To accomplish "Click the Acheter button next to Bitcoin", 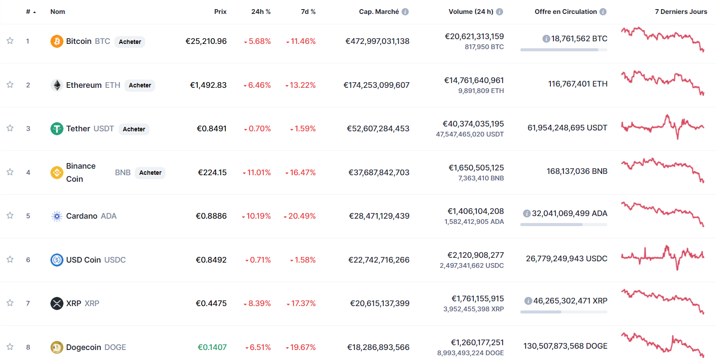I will (130, 42).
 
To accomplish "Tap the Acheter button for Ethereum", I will (140, 85).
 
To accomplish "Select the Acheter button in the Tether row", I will (134, 129).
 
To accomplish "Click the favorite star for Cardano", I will (10, 216).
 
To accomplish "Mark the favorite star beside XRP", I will (10, 303).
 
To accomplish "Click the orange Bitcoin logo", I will (57, 41).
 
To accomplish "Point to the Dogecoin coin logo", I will (57, 347).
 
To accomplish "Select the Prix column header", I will (220, 12).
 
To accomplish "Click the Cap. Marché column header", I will (379, 12).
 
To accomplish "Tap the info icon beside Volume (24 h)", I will (500, 12).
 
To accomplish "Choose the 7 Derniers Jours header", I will (681, 12).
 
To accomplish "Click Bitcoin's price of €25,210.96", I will (206, 41).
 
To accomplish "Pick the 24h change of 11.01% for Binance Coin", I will (258, 173).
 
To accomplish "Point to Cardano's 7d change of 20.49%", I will (301, 216).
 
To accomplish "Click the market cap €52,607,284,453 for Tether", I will (378, 129).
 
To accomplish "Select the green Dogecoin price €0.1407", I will (212, 347).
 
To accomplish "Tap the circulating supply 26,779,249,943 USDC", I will (566, 259).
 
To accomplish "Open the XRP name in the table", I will (73, 303).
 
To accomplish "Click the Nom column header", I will (57, 12).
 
